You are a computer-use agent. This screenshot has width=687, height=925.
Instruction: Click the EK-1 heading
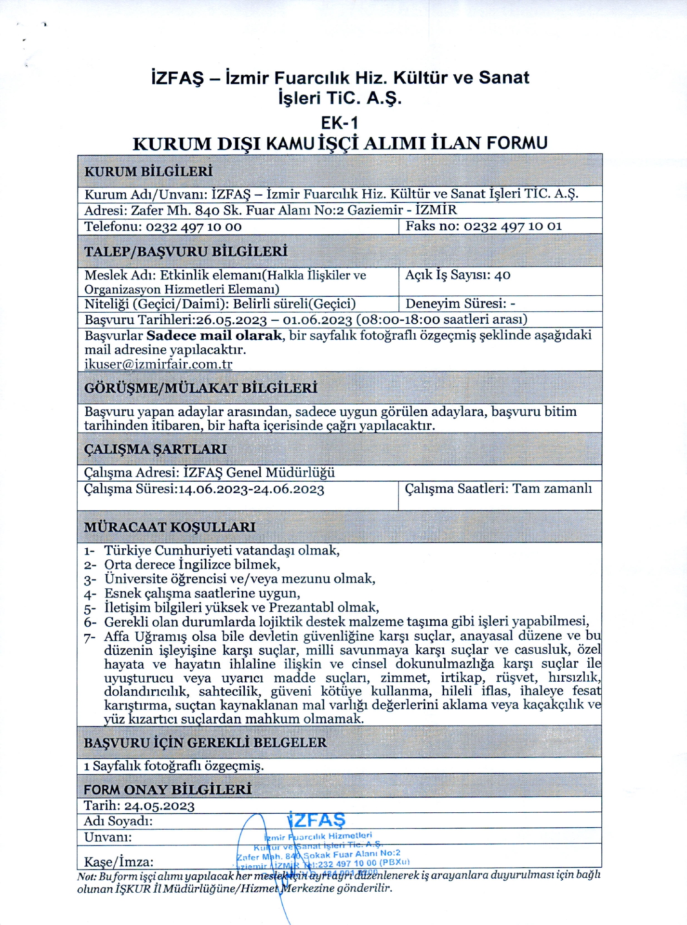click(340, 123)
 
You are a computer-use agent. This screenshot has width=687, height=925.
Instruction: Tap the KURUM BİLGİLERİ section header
click(148, 172)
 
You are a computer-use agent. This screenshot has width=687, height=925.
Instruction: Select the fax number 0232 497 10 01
click(513, 226)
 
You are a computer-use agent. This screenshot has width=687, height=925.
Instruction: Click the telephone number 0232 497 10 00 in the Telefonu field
click(194, 226)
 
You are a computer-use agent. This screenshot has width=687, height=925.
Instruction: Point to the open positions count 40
click(502, 275)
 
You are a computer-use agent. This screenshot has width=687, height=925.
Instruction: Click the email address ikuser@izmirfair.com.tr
click(158, 364)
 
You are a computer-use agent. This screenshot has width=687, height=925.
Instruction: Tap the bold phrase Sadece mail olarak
click(214, 335)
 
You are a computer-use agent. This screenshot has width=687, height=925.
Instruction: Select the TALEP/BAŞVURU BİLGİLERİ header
click(185, 251)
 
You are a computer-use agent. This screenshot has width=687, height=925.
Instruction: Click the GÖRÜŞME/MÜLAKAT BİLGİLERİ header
click(200, 388)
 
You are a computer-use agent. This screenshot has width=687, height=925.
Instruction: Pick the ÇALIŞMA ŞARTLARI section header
click(155, 449)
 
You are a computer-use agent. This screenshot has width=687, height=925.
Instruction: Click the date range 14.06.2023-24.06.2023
click(251, 489)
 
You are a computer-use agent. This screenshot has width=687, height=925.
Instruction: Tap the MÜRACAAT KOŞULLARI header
click(170, 527)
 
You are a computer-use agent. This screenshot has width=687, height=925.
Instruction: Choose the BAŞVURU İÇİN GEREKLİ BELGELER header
click(205, 742)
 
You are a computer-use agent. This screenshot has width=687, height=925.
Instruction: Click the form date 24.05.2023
click(159, 806)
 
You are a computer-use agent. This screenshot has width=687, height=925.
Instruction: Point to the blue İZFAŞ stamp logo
click(317, 819)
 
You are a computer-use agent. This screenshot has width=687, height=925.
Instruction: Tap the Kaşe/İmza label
click(119, 862)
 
